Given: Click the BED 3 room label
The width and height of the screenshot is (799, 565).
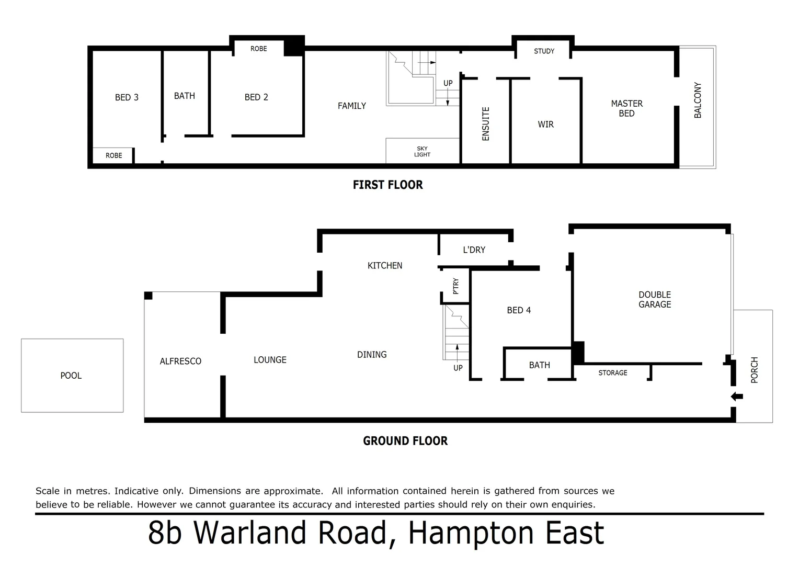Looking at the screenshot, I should (x=127, y=97).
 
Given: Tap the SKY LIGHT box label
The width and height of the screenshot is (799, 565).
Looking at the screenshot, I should (x=422, y=152).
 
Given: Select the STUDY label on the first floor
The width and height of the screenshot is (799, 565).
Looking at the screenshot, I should (x=544, y=51).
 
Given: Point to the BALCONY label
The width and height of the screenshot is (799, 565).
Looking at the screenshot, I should (x=698, y=100).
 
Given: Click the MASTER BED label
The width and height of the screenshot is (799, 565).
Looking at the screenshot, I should (x=626, y=108).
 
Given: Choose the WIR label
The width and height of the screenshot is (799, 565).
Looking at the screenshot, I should (x=545, y=125).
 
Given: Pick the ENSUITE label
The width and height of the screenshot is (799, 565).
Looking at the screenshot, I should (x=486, y=124).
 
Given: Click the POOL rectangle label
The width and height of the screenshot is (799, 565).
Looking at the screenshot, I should (x=71, y=376).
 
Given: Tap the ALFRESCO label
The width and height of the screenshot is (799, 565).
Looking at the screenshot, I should (x=180, y=361).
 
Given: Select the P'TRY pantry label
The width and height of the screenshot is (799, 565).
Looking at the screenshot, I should (x=455, y=286).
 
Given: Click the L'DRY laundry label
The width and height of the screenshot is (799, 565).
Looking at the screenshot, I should (x=474, y=250).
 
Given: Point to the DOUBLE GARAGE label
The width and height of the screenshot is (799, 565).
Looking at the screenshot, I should (x=655, y=300).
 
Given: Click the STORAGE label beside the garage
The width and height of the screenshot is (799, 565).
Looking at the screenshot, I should (x=612, y=373).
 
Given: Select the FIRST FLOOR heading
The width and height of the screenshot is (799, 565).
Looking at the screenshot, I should (x=387, y=185).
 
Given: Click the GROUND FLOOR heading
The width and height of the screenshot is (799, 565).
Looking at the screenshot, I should (x=405, y=441).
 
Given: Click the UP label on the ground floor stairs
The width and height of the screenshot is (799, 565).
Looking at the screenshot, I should (x=458, y=368).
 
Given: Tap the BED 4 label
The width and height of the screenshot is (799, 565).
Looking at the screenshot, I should (x=519, y=310).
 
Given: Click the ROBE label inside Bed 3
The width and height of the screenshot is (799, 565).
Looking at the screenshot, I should (x=113, y=155).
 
